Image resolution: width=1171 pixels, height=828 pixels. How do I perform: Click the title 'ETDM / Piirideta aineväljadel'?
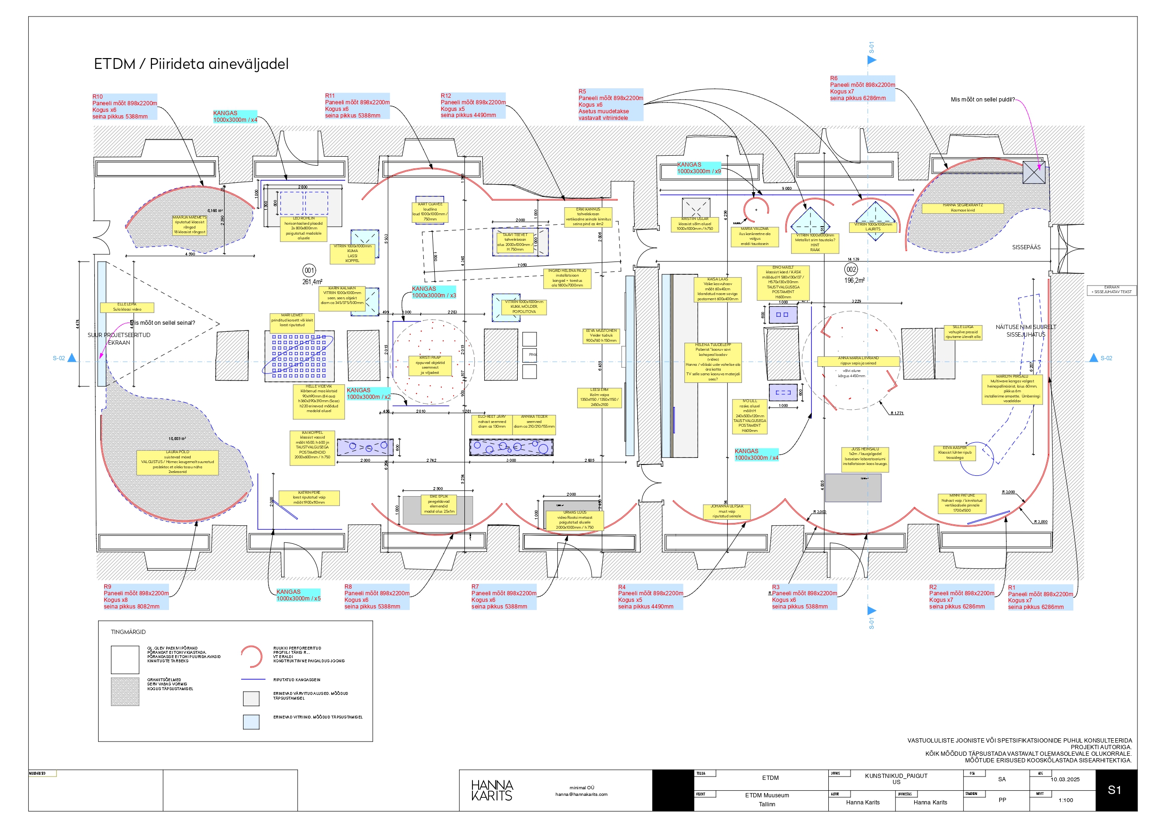191,64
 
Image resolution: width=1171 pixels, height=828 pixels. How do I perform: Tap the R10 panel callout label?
124,107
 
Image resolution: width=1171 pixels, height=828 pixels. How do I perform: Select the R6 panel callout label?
862,88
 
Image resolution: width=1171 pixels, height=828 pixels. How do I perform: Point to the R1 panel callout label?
1040,598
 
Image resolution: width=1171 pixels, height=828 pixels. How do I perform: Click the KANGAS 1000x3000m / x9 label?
698,169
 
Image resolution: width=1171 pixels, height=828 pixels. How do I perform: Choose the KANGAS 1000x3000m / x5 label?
298,595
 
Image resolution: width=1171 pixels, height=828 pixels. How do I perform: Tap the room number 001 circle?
309,270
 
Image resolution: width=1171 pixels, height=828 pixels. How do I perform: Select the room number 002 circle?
851,270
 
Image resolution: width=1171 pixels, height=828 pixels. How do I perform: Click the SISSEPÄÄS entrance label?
1026,247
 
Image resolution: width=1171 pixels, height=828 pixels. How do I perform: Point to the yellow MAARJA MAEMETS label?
189,225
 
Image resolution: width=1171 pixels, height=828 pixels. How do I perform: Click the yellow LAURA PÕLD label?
177,462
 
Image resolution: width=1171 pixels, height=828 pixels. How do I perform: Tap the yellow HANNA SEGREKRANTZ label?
962,208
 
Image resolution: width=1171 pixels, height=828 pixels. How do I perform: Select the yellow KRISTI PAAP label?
430,365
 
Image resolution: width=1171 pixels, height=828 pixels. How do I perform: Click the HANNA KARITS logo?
492,790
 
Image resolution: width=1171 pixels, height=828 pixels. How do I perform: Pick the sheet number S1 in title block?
1114,790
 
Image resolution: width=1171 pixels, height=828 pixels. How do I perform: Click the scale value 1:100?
1065,800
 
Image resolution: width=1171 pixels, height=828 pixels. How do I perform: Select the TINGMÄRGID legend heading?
128,632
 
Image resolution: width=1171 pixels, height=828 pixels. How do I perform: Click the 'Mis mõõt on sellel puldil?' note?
982,100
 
